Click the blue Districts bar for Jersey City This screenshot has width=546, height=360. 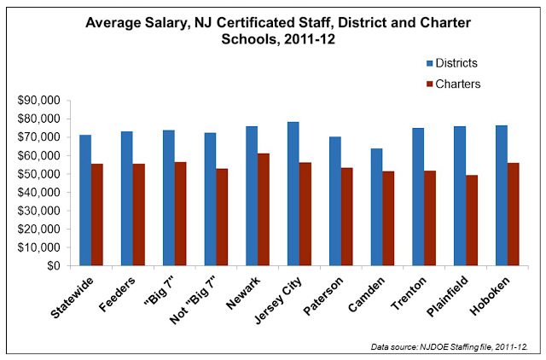pos(293,194)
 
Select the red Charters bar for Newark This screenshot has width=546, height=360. pos(264,210)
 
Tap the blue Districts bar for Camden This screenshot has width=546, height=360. pos(376,207)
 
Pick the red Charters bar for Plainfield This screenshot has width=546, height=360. pos(472,220)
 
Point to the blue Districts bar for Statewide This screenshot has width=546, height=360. pos(85,200)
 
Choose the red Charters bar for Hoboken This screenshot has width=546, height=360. pos(514,214)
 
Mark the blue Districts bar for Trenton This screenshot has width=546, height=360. pos(418,197)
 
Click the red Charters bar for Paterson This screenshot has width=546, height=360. pos(347,217)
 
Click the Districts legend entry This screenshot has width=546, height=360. pos(452,63)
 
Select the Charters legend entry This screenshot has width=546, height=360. pos(453,84)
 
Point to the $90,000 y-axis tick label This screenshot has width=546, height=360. pos(38,101)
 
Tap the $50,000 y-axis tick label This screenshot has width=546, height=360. pos(38,174)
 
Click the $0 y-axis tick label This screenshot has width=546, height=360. pos(53,265)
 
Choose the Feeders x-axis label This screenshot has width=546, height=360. pos(117,294)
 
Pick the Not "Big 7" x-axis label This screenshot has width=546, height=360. pos(193,300)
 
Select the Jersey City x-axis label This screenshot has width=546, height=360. pos(278,300)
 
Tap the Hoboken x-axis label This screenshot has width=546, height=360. pos(490,296)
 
